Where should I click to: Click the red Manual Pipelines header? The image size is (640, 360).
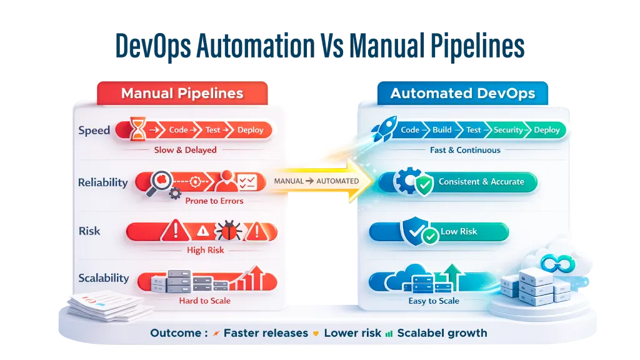click(182, 94)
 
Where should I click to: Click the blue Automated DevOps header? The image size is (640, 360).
click(462, 94)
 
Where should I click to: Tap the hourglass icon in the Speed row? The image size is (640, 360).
click(138, 129)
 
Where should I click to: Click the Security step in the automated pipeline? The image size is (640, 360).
click(507, 130)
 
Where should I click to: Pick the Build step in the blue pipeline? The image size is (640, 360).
click(442, 130)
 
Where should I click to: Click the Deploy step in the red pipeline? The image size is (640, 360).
click(250, 130)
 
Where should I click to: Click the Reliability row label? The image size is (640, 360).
click(102, 182)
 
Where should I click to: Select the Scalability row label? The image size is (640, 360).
click(104, 278)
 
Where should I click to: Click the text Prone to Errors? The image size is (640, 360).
click(214, 201)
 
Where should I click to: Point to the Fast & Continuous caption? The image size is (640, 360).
click(465, 150)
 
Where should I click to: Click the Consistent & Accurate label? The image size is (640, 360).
click(481, 182)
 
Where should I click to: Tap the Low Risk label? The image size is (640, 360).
click(459, 231)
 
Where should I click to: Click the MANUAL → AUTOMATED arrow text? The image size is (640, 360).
click(316, 181)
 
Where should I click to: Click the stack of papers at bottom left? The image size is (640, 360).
click(106, 306)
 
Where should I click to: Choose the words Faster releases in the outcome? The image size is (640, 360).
click(266, 333)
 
